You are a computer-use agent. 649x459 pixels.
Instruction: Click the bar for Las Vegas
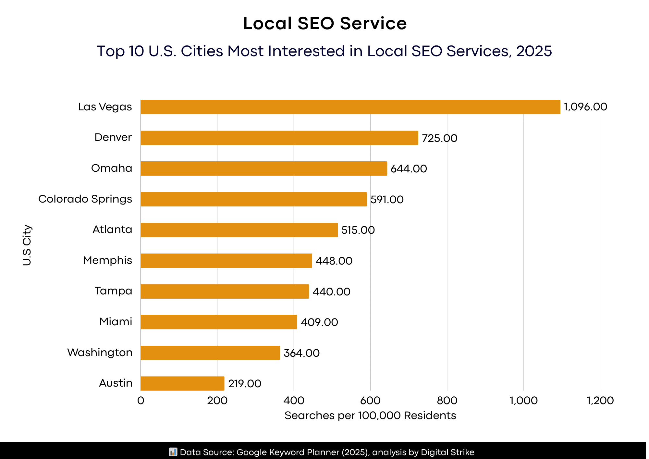tap(350, 107)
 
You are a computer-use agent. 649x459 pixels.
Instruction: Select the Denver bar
tap(279, 138)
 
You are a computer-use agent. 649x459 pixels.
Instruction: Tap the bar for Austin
tap(182, 383)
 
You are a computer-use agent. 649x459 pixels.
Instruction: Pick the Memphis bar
tap(226, 261)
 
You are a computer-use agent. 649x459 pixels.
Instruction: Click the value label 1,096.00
tap(585, 107)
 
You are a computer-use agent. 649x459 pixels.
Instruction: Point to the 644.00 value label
tap(409, 169)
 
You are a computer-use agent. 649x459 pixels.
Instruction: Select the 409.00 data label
tap(319, 322)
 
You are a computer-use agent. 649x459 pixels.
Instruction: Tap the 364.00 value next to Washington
tap(301, 353)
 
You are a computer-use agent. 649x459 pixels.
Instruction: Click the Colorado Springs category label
tap(85, 199)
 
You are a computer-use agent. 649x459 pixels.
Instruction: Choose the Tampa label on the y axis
tap(113, 291)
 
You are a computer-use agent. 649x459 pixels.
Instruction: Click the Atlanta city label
tap(112, 230)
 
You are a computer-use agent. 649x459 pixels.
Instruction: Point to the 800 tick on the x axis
tap(447, 401)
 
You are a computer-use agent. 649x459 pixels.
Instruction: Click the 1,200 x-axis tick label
tap(600, 401)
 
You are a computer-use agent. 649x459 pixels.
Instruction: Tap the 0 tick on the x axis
tap(141, 401)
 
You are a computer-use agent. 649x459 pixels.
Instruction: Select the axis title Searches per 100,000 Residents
tap(370, 416)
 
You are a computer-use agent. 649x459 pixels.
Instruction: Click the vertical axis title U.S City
tap(27, 245)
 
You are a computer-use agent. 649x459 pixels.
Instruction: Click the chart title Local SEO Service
tap(324, 24)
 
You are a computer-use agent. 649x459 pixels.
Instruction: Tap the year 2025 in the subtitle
tap(534, 51)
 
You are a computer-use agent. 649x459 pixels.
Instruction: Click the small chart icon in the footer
tap(173, 452)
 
